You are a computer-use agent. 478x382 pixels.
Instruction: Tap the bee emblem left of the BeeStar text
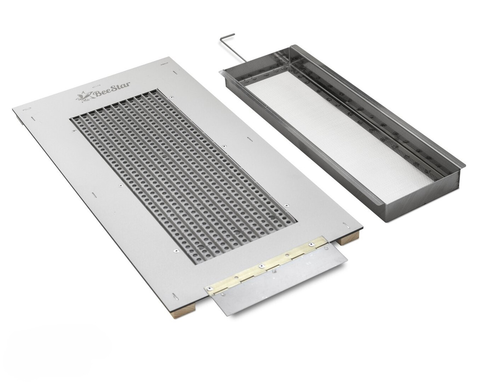84,97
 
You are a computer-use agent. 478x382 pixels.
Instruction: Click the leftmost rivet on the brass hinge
209,289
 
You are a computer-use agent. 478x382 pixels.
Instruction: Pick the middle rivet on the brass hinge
261,266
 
